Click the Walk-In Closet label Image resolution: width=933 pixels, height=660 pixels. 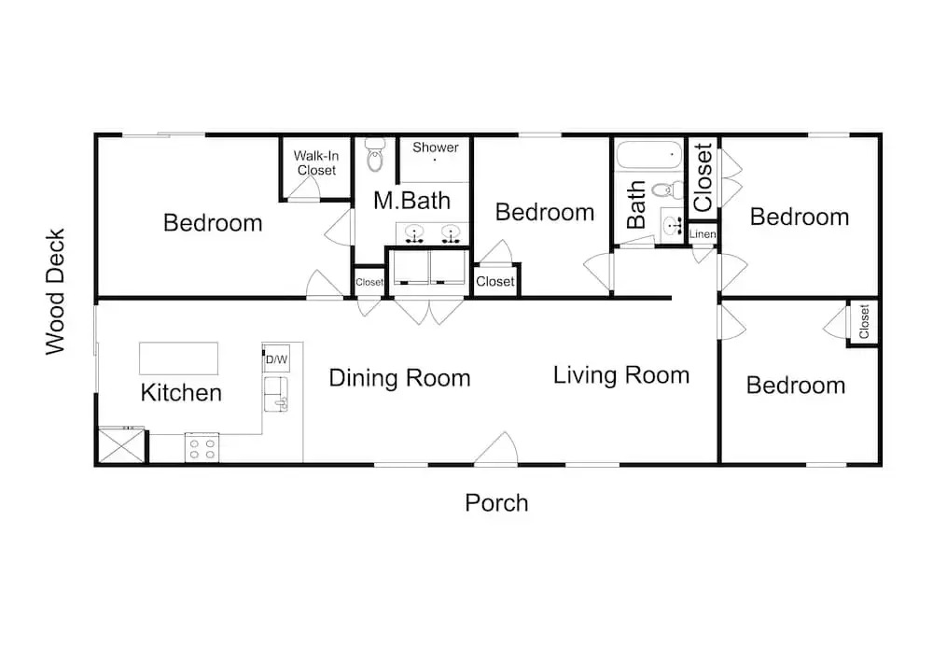316,163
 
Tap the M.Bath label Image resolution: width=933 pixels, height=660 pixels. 411,201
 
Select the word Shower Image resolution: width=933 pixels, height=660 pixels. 436,147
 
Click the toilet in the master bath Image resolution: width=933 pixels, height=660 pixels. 375,155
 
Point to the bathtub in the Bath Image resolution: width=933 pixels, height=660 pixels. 648,155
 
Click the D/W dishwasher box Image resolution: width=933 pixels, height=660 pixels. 277,358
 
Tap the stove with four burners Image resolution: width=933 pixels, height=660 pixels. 202,447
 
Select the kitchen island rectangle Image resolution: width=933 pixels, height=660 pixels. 178,358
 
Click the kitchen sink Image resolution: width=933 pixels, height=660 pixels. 276,394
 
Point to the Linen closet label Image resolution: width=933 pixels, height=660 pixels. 703,234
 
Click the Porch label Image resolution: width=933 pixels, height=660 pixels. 496,503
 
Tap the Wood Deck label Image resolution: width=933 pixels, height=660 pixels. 55,292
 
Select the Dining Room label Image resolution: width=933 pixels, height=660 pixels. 399,378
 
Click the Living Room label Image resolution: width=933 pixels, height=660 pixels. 621,375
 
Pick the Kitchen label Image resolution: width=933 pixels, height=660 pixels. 181,393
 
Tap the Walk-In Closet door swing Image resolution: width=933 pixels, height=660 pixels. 304,188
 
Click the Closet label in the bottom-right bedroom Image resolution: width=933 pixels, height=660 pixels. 864,321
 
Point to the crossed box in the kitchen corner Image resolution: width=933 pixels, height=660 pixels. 121,445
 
